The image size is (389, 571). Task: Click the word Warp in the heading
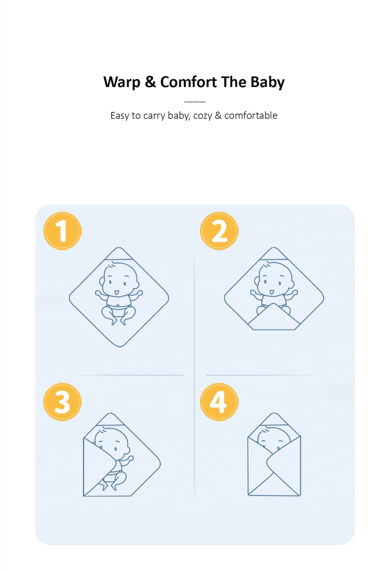[x=122, y=82]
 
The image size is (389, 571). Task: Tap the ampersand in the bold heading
[x=150, y=82]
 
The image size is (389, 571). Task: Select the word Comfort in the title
[x=188, y=82]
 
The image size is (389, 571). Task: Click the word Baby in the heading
[x=267, y=82]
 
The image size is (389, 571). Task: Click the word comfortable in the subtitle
[x=251, y=115]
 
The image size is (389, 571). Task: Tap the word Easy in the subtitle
[x=120, y=116]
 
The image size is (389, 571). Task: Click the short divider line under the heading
[x=194, y=102]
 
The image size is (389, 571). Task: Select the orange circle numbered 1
[x=62, y=231]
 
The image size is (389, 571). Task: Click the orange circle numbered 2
[x=219, y=231]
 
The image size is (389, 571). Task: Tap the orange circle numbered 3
[x=62, y=402]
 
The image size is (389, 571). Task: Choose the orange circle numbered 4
[x=219, y=402]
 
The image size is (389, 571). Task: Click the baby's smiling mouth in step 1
[x=116, y=292]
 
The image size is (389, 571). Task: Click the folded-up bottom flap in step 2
[x=274, y=318]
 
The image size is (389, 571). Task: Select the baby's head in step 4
[x=274, y=439]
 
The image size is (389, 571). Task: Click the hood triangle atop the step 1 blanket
[x=119, y=254]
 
